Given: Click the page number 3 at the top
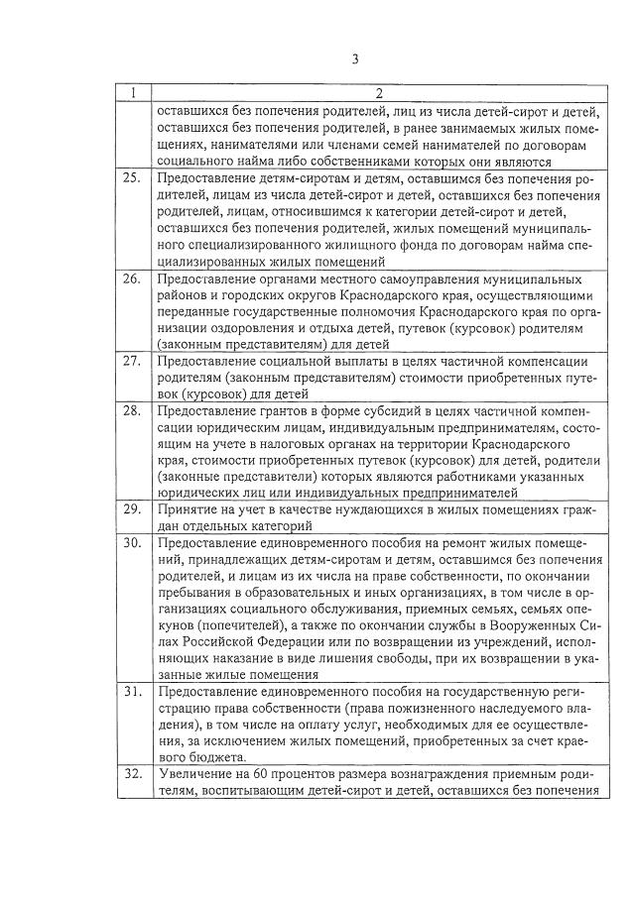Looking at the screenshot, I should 354,57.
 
